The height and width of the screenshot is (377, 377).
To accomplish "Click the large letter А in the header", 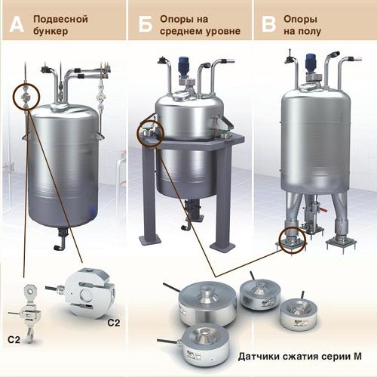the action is click(x=17, y=24).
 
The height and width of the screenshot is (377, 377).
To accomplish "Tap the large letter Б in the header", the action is click(x=146, y=24).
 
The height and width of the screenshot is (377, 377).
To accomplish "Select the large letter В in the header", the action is click(x=268, y=24).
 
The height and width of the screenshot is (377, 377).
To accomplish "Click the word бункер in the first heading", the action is click(x=51, y=32).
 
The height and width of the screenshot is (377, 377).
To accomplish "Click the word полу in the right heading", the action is click(x=308, y=32).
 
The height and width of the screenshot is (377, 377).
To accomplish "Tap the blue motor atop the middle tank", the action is click(x=182, y=64).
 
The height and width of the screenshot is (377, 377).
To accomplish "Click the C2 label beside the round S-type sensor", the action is click(x=114, y=323).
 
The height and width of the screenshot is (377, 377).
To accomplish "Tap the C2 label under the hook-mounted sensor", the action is click(x=14, y=340).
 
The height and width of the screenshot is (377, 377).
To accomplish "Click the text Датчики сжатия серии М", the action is click(x=300, y=357).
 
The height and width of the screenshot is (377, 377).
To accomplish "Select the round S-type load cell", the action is click(x=89, y=292).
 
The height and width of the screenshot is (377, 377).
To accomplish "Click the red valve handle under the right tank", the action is click(x=324, y=209).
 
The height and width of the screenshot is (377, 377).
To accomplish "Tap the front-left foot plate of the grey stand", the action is click(x=150, y=239).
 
